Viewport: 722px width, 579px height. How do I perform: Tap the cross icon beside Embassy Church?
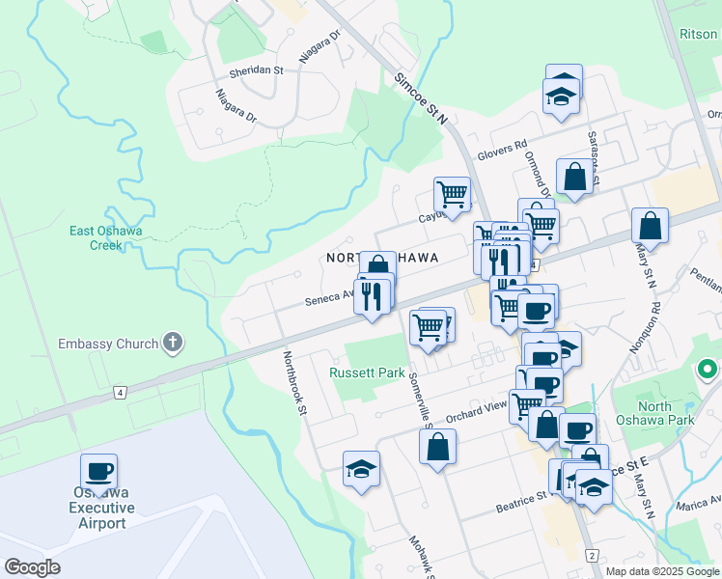click(x=173, y=342)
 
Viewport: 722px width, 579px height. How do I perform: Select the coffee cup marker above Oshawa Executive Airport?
click(x=98, y=472)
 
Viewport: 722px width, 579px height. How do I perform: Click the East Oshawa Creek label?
click(x=96, y=237)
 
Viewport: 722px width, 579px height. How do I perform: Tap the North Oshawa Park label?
click(x=668, y=413)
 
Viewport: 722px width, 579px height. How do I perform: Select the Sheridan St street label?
click(x=256, y=70)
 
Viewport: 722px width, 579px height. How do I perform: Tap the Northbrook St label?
click(x=293, y=382)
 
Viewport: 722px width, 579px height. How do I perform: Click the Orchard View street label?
click(x=477, y=410)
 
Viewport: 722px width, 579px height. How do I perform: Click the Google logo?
click(x=32, y=567)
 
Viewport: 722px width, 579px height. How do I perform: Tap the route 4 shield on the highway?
click(x=120, y=393)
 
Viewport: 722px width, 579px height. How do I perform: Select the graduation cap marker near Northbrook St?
click(x=362, y=469)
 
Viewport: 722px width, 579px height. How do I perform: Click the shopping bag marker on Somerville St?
click(x=437, y=447)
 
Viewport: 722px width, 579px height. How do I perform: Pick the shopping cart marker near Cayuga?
click(x=452, y=195)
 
